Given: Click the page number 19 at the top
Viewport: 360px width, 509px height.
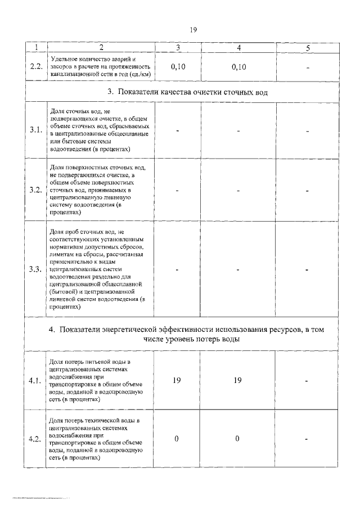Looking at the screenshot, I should point(192,30).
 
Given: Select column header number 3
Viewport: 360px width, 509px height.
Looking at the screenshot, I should point(177,48).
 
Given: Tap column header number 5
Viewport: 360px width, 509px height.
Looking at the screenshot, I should point(308,48).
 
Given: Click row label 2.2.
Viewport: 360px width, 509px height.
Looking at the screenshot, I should point(36,67).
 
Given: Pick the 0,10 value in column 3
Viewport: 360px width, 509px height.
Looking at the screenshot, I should point(177,67).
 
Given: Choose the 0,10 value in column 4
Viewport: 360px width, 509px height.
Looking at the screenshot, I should point(238,67).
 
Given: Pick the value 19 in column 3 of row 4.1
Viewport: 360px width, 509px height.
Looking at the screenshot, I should point(177,381).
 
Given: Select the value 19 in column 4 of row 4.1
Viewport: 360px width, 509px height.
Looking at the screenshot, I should point(238,381).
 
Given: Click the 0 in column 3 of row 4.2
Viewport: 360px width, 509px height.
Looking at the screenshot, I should point(177,439).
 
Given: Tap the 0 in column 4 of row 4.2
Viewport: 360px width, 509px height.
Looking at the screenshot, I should point(238,439).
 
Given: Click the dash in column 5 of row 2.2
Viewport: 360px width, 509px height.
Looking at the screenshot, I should point(308,67).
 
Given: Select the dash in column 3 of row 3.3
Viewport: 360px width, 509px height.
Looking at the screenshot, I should point(177,269).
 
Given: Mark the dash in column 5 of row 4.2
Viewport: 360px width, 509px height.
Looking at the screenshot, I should point(308,439).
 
